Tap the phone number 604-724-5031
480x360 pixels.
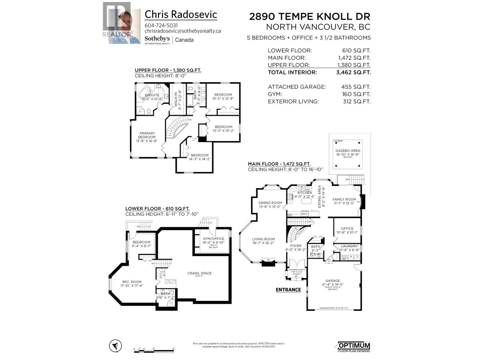tap(161, 25)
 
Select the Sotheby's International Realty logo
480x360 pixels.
tap(157, 40)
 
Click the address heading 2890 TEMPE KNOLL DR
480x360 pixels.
tap(310, 16)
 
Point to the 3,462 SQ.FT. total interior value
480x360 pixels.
tap(353, 72)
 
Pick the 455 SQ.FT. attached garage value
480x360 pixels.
tap(355, 87)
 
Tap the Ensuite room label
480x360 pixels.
tap(152, 95)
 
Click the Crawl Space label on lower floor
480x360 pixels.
tap(199, 273)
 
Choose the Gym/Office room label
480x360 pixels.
tap(213, 239)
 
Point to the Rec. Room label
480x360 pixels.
tap(132, 282)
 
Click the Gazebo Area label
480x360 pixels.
tap(348, 151)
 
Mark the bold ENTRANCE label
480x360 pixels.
tap(288, 290)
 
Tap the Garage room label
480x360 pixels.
tap(333, 281)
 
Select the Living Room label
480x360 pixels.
tap(263, 239)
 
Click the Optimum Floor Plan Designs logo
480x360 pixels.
tap(354, 346)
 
